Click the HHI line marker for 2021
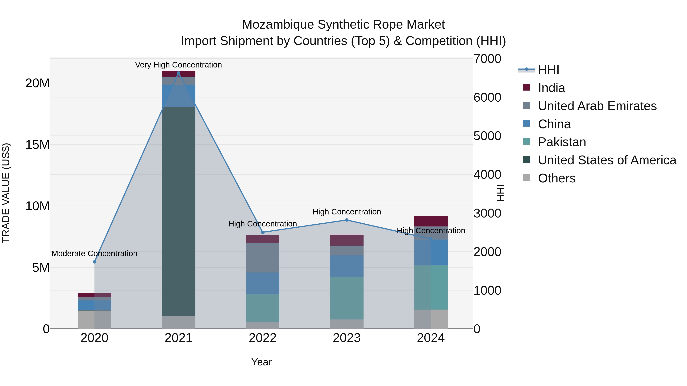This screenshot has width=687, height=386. pos(178,73)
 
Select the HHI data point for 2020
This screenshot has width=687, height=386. pos(94,262)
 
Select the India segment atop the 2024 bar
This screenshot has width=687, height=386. pos(431,221)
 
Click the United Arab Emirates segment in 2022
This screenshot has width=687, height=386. pos(262,257)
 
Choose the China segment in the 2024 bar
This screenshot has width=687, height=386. pos(431,252)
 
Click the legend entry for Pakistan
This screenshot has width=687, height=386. pos(562,142)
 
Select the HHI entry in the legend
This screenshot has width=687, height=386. pos(548,70)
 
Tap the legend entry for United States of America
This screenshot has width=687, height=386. pos(607,160)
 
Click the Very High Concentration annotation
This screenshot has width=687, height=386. pos(178,65)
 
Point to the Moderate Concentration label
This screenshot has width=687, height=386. pos(94,253)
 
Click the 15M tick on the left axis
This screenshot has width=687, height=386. pos(37,145)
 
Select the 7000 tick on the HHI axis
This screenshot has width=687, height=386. pos(487,59)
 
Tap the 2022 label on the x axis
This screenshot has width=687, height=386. pos(262,338)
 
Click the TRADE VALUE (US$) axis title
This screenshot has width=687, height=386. pos(6,193)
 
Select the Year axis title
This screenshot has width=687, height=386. pos(261,362)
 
